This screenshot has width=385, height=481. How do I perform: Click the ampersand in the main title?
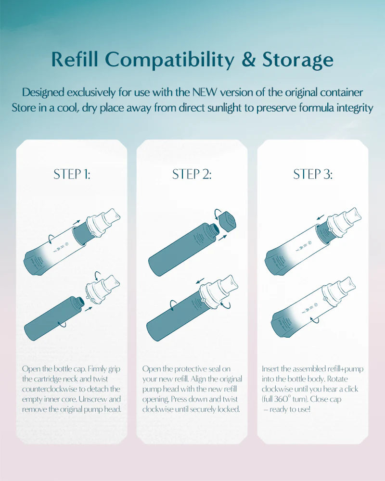(248, 59)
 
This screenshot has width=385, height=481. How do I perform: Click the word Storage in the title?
(297, 60)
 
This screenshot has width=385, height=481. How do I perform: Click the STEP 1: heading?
(72, 174)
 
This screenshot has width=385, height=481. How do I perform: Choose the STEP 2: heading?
(192, 174)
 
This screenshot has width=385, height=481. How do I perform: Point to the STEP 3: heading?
(313, 174)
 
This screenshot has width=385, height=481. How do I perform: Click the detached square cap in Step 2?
(228, 221)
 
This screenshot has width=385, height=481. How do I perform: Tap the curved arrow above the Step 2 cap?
(218, 212)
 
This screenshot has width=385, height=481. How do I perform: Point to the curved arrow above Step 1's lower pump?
(98, 275)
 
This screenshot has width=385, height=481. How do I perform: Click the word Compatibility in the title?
(170, 60)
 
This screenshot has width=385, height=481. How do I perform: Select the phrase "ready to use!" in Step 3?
(290, 409)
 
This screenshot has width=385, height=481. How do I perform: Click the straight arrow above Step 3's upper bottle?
(321, 217)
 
